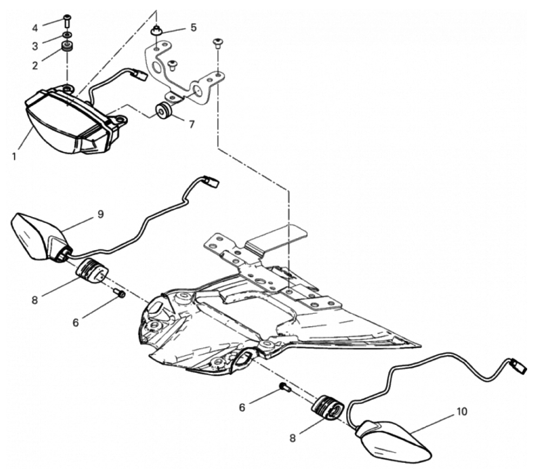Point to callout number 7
click(192, 124)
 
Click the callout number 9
click(100, 214)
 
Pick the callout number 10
click(461, 411)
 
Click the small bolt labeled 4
click(67, 20)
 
